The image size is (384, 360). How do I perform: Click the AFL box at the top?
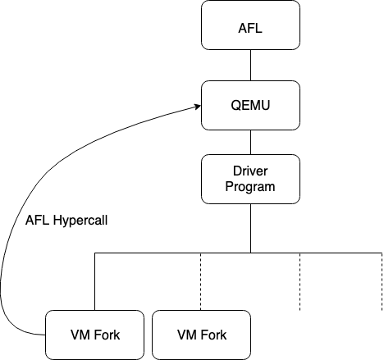point(250,25)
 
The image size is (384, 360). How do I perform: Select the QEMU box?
point(250,105)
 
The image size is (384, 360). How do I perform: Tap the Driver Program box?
point(250,179)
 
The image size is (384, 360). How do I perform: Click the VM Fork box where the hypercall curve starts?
point(94,335)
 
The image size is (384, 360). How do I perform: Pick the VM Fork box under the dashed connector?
point(201,335)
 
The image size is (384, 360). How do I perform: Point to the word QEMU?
point(250,105)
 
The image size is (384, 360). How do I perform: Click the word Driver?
point(250,171)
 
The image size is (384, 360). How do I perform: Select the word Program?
point(250,187)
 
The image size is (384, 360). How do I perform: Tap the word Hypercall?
point(80,221)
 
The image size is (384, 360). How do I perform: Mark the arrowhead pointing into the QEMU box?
point(198,107)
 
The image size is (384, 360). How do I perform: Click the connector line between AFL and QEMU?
point(250,65)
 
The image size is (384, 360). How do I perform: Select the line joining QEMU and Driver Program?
point(250,142)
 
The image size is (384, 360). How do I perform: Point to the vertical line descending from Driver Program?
point(250,228)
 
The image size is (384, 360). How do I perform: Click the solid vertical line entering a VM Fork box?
point(94,281)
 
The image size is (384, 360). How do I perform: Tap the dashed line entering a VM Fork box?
point(201,281)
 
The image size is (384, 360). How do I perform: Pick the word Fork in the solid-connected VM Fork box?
point(107,335)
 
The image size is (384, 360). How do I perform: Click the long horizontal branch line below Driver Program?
point(238,253)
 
